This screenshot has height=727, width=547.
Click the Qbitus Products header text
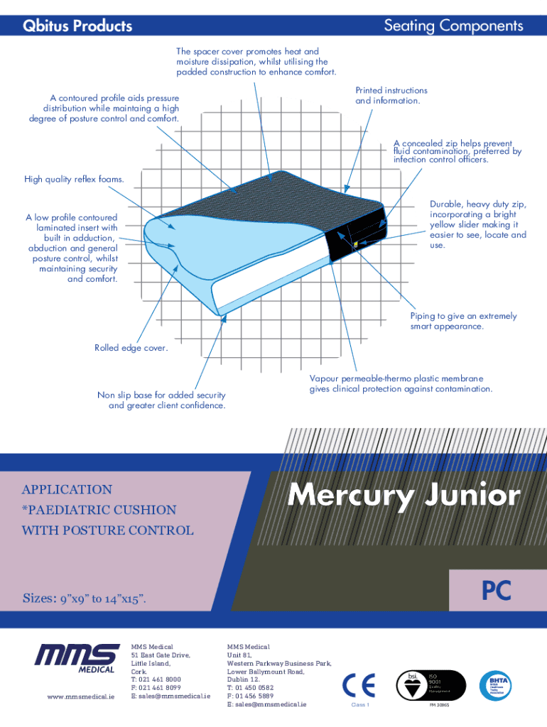(77, 26)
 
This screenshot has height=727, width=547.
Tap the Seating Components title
(453, 26)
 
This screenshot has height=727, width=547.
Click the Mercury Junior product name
(404, 496)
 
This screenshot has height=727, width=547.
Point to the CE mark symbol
(359, 686)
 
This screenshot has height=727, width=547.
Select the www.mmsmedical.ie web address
(80, 696)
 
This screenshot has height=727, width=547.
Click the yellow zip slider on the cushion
(354, 244)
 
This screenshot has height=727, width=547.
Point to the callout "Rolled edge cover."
(131, 348)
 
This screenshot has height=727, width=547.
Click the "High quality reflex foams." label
(75, 180)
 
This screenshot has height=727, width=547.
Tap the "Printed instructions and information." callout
(391, 96)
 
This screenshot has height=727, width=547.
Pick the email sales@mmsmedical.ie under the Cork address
(170, 696)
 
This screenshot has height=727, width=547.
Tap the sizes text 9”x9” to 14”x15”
(85, 598)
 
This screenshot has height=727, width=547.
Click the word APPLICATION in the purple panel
(67, 489)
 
